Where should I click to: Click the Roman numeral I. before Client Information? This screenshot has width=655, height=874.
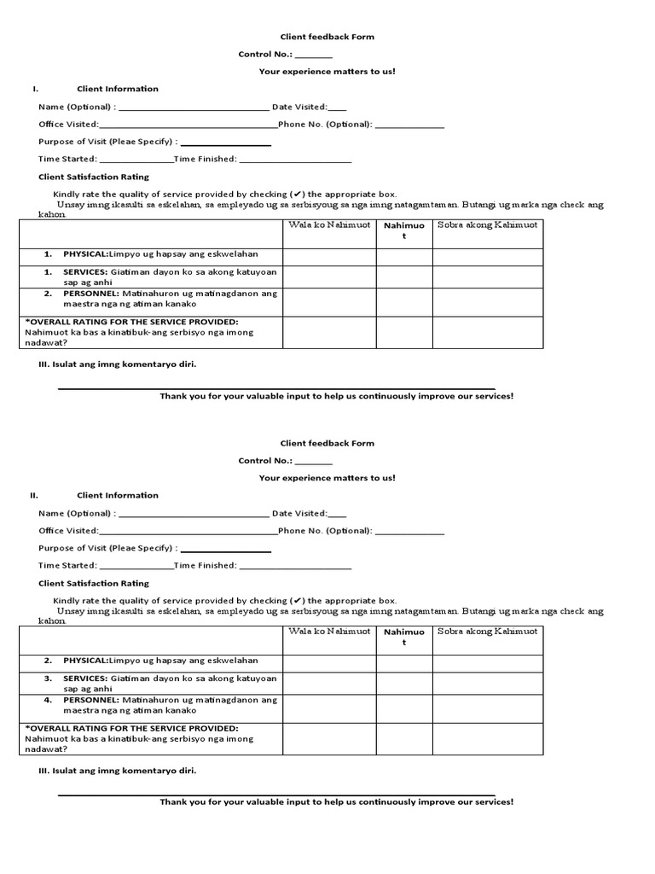coord(35,89)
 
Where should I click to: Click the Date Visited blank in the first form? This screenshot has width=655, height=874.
coord(337,108)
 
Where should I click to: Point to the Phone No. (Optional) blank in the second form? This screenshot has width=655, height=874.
coord(409,532)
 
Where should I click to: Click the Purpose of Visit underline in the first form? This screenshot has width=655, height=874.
coord(225,143)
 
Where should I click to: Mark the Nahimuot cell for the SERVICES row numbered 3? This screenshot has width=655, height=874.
coord(404,684)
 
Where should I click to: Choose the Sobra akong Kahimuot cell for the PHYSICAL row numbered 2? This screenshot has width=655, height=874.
coord(487,664)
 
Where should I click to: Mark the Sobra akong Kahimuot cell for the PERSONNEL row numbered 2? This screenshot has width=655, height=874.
coord(487,302)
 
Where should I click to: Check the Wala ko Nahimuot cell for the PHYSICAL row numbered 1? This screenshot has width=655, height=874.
coord(330,258)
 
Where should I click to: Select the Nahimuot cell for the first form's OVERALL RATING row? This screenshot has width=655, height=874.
coord(404,332)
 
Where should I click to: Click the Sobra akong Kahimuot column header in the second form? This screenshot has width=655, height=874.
coord(487,632)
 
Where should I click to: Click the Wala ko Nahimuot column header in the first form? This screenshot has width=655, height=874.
coord(330,225)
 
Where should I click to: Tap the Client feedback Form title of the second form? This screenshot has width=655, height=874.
coord(327,443)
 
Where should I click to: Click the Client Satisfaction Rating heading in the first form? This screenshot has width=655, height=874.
coord(94,177)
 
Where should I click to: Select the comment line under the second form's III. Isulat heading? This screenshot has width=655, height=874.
coord(276,794)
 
